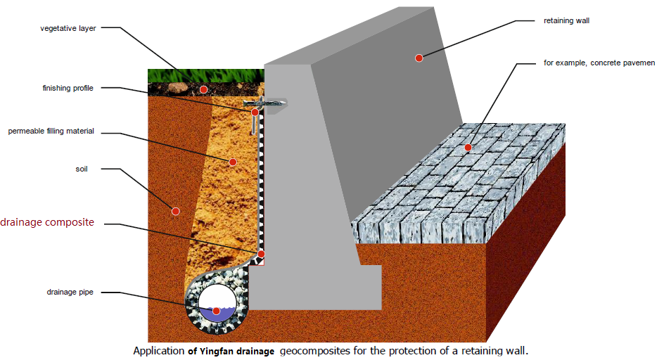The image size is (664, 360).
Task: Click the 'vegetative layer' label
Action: click(68, 28)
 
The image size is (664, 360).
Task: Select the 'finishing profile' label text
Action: click(68, 88)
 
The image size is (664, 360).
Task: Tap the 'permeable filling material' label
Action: click(51, 131)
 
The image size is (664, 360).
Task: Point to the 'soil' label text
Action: click(82, 169)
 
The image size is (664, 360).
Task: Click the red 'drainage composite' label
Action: click(47, 222)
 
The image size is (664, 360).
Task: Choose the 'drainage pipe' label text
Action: click(70, 292)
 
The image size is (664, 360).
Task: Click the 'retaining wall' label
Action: click(566, 21)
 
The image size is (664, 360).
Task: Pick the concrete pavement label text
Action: click(599, 63)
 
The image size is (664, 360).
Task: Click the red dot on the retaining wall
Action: click(419, 58)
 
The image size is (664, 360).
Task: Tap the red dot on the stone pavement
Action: click(468, 148)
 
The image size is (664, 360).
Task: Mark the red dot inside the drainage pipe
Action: click(217, 311)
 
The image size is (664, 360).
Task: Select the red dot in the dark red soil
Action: click(175, 212)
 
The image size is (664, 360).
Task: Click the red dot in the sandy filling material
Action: click(233, 162)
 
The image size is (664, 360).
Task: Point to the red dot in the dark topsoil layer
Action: click(204, 90)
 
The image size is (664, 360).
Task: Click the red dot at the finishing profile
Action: click(255, 112)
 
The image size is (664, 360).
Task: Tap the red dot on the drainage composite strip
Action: click(261, 254)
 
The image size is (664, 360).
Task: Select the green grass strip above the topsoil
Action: click(206, 76)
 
